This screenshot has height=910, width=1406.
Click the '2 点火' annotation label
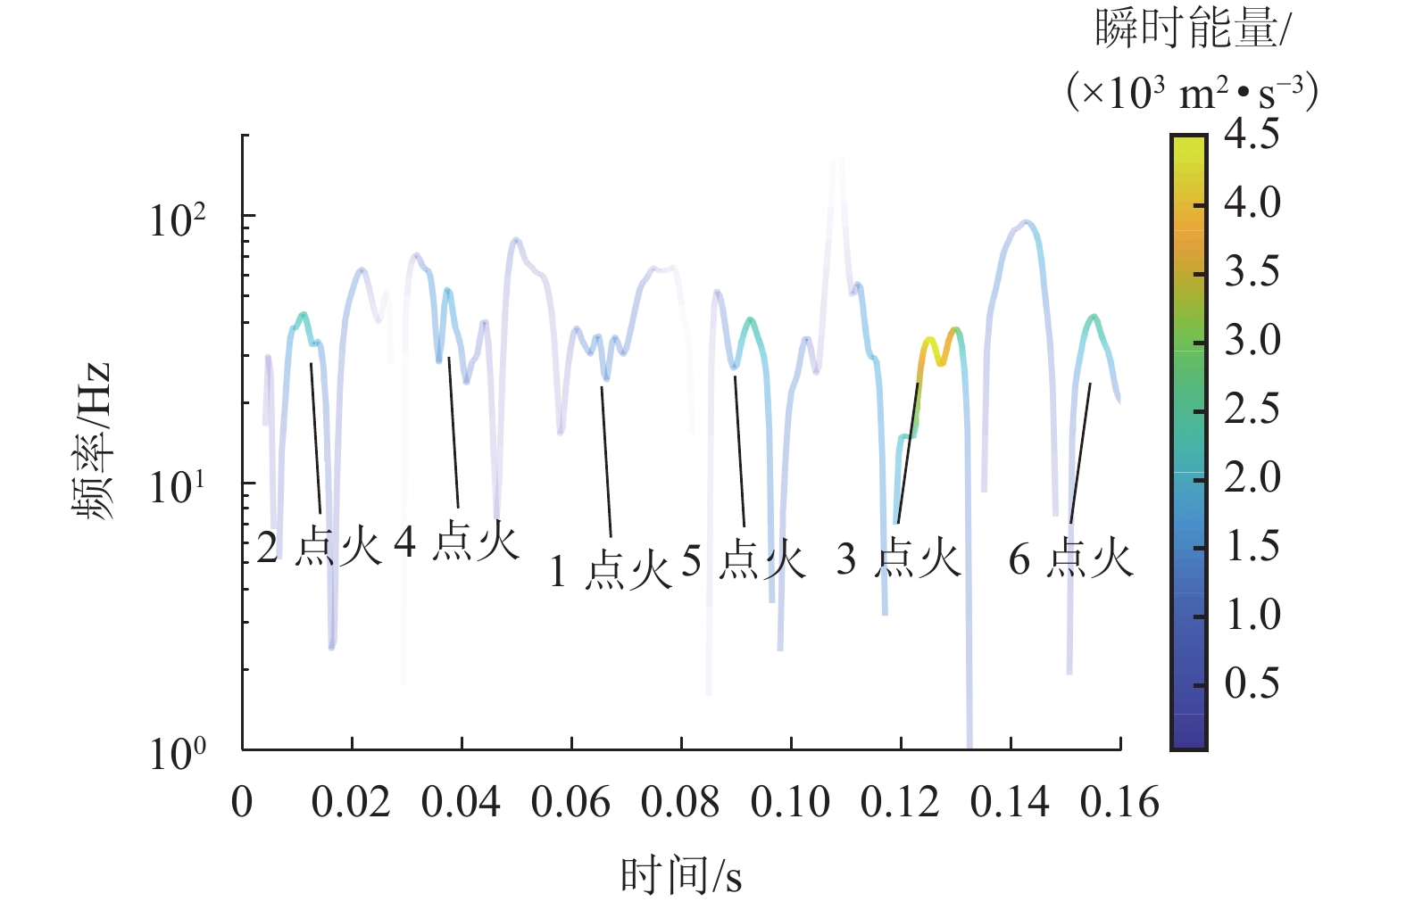click(319, 546)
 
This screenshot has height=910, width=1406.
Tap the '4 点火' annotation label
click(456, 542)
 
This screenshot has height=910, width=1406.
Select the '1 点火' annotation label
click(610, 570)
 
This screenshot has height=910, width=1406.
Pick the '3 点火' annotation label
click(898, 559)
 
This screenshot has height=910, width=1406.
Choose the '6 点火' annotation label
click(1070, 559)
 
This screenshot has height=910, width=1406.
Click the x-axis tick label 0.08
click(680, 803)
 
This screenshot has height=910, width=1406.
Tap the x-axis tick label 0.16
click(1119, 803)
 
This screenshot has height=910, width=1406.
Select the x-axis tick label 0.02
click(351, 803)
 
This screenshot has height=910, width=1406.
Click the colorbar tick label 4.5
click(1252, 134)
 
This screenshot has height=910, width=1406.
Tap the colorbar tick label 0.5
click(1252, 683)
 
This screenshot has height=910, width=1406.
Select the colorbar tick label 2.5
click(1252, 409)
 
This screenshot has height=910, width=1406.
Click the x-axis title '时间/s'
click(681, 876)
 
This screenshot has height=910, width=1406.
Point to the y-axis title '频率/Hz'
click(93, 441)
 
